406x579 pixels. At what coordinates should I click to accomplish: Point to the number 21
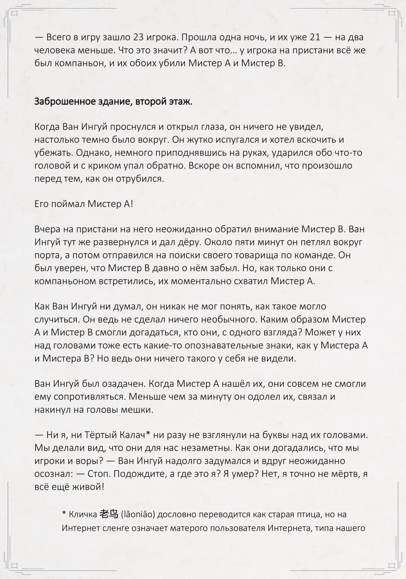point(312,37)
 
